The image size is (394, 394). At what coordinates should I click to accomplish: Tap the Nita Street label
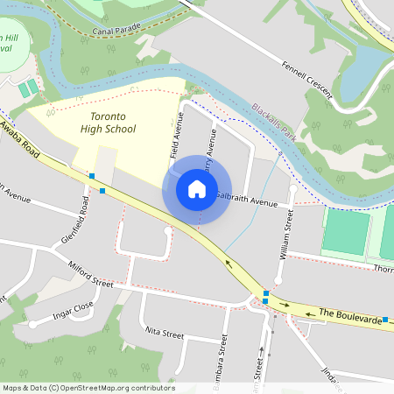coord(164,334)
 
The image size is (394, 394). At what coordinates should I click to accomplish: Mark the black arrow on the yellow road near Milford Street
coord(230,263)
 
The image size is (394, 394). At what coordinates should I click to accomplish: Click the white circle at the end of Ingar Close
coord(33,324)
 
